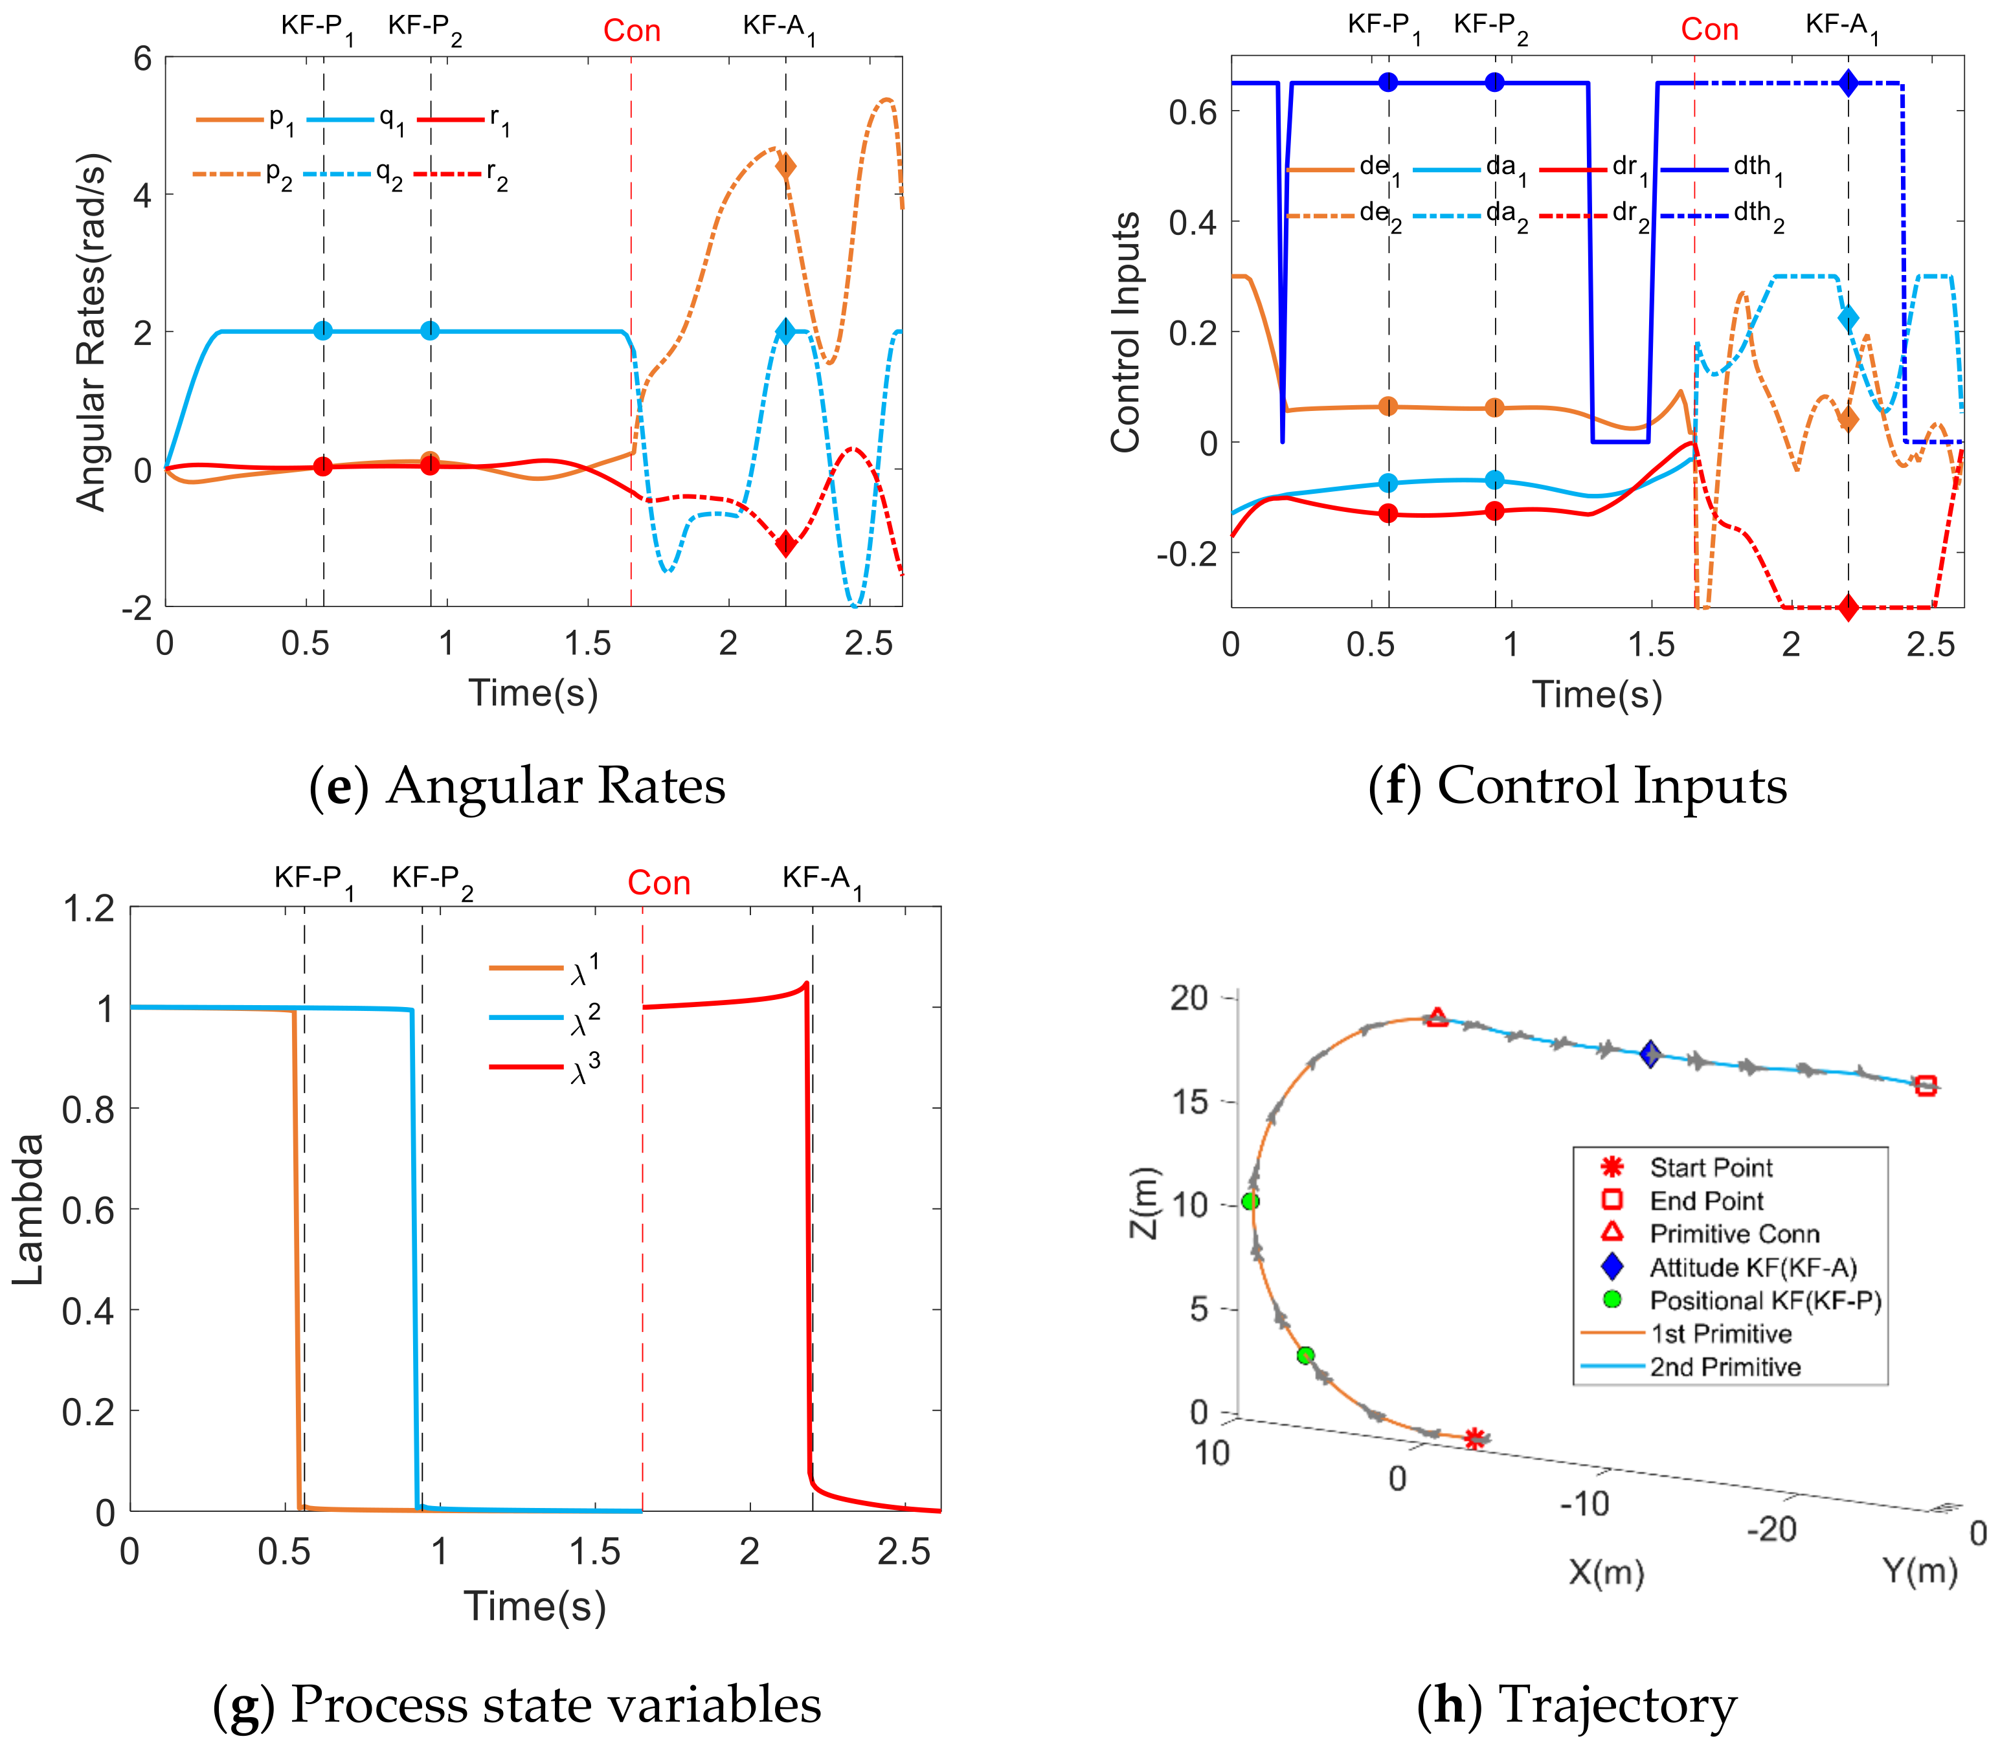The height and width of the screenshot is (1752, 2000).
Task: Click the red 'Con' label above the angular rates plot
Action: coord(632,31)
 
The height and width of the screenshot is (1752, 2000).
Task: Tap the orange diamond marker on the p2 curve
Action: coord(785,166)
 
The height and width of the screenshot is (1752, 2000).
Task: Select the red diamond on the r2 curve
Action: coord(785,544)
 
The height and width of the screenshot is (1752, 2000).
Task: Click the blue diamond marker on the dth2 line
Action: coord(1847,83)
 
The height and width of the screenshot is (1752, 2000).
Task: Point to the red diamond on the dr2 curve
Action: coord(1847,607)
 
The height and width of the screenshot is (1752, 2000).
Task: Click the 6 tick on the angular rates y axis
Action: coord(143,59)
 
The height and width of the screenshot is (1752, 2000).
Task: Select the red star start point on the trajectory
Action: coord(1476,1438)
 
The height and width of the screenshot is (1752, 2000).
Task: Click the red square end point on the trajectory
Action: coord(1926,1085)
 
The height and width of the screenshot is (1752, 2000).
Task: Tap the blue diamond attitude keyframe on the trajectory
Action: coord(1650,1054)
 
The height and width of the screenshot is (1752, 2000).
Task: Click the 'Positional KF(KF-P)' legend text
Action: coord(1765,1300)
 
